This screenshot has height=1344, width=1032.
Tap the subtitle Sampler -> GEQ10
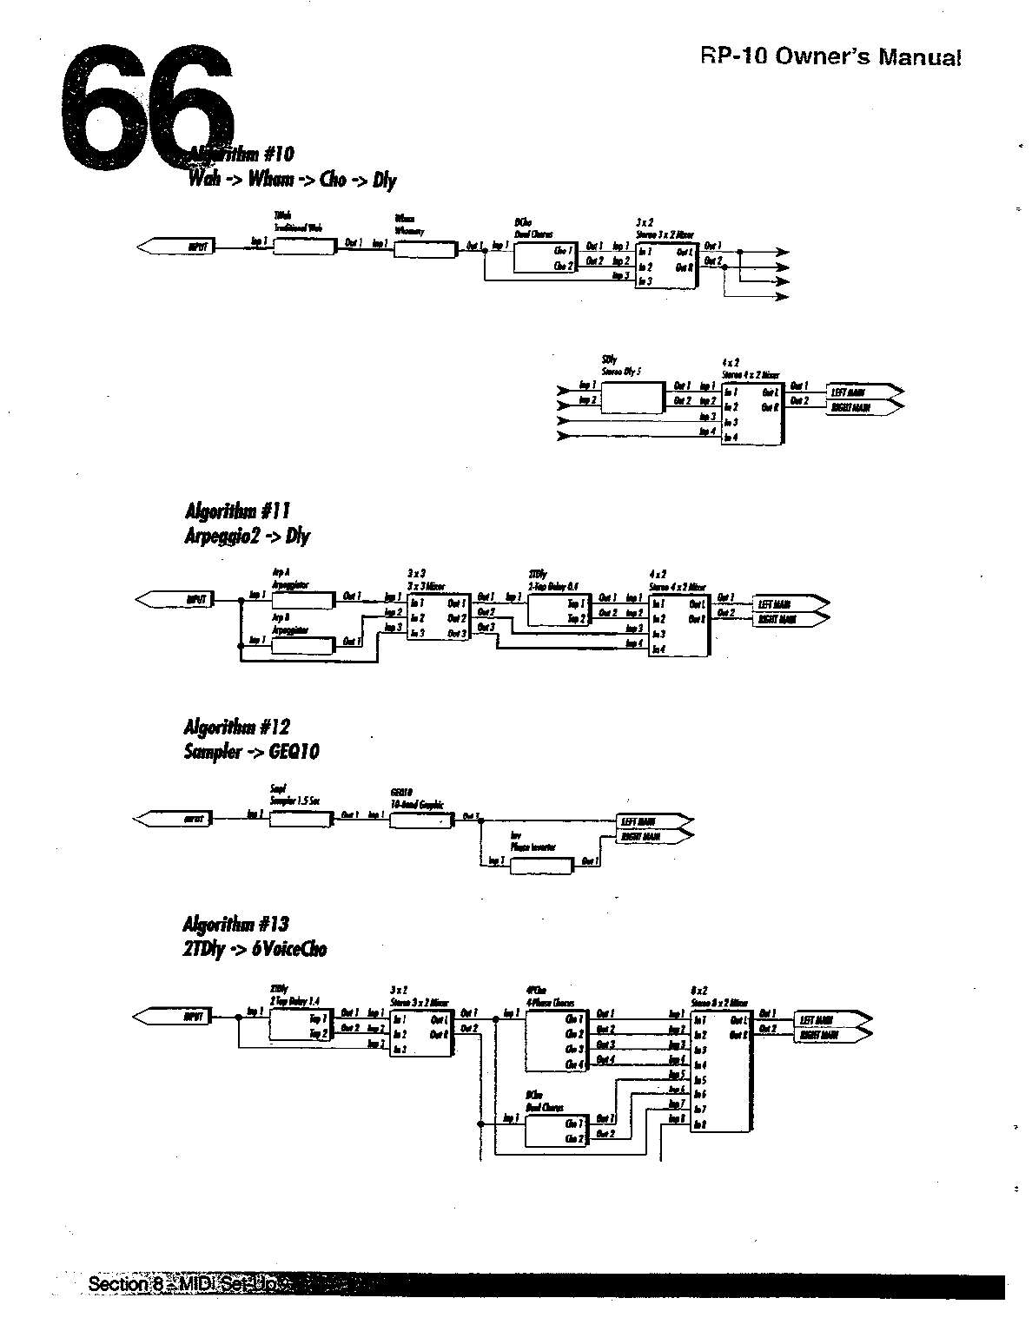pos(251,751)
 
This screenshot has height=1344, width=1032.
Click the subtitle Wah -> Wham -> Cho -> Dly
pos(292,180)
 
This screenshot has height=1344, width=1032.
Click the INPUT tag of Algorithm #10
pos(178,247)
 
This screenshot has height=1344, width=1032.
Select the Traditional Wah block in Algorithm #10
pos(304,247)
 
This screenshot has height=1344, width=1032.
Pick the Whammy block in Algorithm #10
pos(424,250)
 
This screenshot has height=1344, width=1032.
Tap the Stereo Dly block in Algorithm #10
pos(630,398)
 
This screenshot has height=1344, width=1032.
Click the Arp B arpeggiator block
pos(302,646)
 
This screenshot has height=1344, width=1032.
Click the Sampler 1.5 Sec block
pos(301,819)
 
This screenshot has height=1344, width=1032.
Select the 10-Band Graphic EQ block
pos(421,820)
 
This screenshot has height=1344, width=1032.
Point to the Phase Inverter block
pos(541,866)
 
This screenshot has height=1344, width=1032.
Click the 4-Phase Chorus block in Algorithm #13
pos(557,1040)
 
